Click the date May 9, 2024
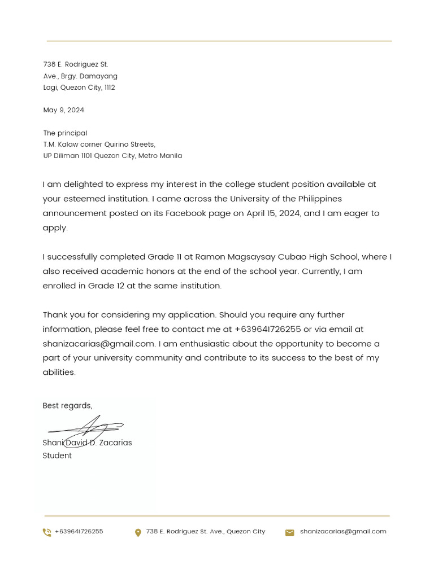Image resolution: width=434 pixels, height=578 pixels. tap(63, 110)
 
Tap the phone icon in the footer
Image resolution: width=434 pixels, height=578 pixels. tap(47, 532)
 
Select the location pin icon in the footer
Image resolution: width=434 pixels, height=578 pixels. tap(138, 532)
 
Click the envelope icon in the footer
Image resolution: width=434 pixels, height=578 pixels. tap(289, 532)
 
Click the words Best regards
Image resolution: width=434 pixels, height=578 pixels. tap(67, 406)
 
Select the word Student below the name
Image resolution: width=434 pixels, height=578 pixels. tap(57, 456)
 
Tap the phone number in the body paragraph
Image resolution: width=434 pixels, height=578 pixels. tap(267, 329)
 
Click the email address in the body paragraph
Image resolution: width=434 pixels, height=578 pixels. tap(98, 344)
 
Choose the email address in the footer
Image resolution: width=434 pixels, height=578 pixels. tap(343, 532)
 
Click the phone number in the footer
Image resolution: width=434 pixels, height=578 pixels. tap(79, 532)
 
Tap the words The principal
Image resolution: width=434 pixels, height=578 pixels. tap(65, 133)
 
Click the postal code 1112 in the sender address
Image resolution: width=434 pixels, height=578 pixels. tap(110, 87)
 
